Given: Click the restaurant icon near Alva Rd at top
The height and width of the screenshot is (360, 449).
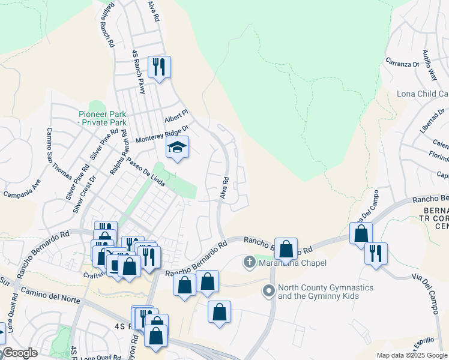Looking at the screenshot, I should [159, 67].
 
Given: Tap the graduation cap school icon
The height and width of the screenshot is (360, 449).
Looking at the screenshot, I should [177, 147].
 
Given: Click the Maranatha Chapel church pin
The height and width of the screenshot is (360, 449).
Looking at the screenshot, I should [250, 262].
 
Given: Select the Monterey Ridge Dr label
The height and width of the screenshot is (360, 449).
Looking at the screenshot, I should [161, 133].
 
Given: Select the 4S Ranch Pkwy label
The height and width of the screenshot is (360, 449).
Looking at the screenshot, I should [139, 71].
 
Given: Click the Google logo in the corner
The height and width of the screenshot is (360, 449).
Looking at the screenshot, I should [19, 353].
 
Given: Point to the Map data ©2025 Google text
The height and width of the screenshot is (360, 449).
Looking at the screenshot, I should [411, 355].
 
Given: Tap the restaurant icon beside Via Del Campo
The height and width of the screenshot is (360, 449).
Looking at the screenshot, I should [376, 253].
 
